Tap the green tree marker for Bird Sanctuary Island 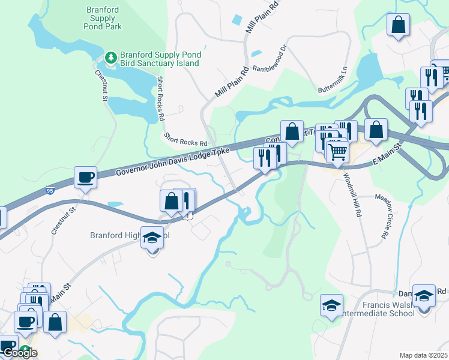point(110,58)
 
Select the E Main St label point(386,157)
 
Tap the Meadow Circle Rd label point(381,216)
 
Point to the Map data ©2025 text point(423,355)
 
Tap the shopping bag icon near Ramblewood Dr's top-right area point(398,25)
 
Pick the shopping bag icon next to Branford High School point(171,202)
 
